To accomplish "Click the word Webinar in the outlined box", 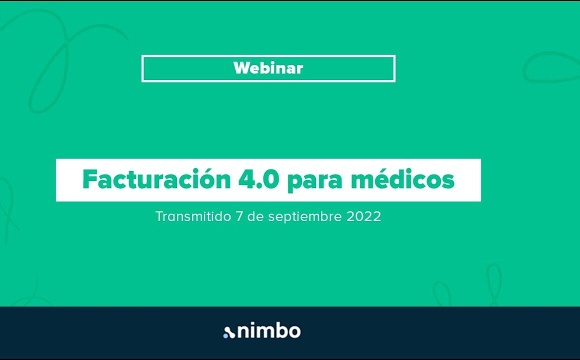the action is pos(268,68).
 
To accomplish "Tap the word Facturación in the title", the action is pos(156,179).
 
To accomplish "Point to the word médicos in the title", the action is pos(403,179).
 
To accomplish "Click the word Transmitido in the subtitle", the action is pos(193,216).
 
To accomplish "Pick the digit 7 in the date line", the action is pos(239,216).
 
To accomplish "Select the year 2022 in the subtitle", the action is pos(363,216).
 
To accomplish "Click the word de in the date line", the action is pos(255,216).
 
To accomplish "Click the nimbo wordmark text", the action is pos(269,331).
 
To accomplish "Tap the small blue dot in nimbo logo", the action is pos(225,335).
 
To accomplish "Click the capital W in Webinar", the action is pos(241,68).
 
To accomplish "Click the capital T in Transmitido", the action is pos(159,216).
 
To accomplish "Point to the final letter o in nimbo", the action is pos(294,332).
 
